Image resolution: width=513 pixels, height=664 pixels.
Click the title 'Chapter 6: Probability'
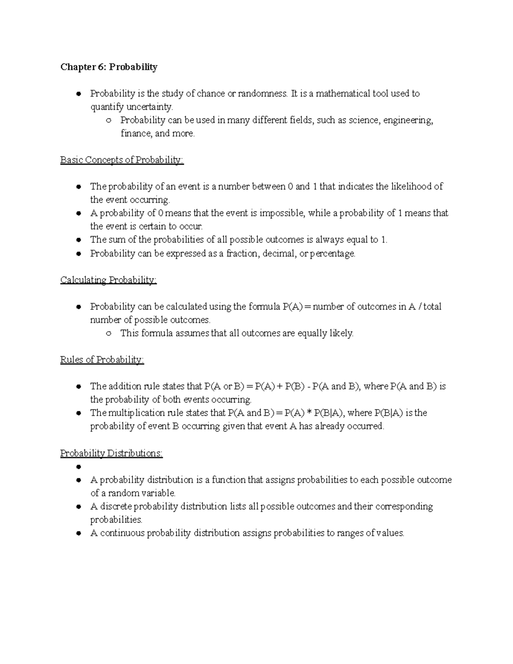click(x=109, y=67)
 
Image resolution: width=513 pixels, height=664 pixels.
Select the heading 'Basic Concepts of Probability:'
click(x=122, y=160)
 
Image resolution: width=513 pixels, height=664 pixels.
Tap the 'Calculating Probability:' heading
click(x=109, y=280)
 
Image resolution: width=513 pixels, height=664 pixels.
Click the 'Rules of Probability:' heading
click(x=102, y=360)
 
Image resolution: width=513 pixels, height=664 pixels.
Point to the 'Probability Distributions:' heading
click(x=112, y=453)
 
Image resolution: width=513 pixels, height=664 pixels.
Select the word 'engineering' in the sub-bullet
click(x=408, y=121)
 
